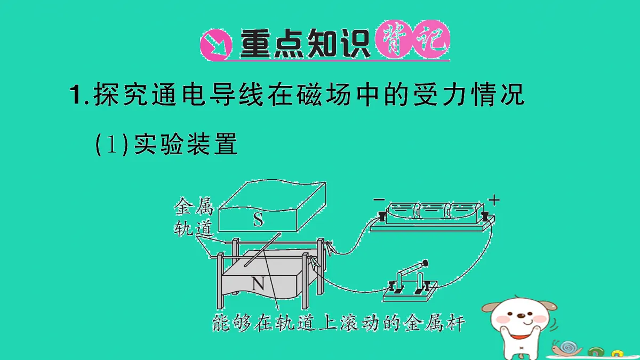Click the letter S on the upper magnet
pyautogui.click(x=258, y=220)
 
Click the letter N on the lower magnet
pyautogui.click(x=258, y=284)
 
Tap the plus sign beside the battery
pyautogui.click(x=494, y=200)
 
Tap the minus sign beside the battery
pyautogui.click(x=379, y=199)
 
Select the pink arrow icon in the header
pyautogui.click(x=215, y=45)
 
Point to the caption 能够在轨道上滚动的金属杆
pyautogui.click(x=339, y=323)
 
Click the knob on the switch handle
pyautogui.click(x=425, y=262)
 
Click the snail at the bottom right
pyautogui.click(x=566, y=348)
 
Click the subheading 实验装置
pyautogui.click(x=186, y=144)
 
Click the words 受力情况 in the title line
pyautogui.click(x=468, y=94)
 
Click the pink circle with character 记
pyautogui.click(x=431, y=39)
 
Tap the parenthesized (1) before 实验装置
pyautogui.click(x=111, y=144)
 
